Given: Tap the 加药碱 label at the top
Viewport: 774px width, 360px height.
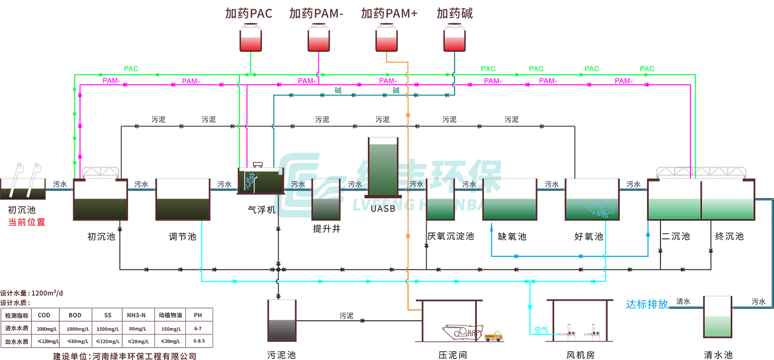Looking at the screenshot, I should tap(455, 13).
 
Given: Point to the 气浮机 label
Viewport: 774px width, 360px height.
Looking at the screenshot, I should tap(262, 210).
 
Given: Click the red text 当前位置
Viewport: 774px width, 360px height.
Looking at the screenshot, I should tap(27, 222).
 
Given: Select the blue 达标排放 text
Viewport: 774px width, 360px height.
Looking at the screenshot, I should tap(647, 304).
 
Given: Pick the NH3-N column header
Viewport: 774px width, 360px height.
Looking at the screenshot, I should tap(137, 315).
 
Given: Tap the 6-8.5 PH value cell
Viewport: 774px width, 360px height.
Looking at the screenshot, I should tap(198, 341).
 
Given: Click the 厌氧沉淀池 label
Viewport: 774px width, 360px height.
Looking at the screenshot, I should tap(450, 236).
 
